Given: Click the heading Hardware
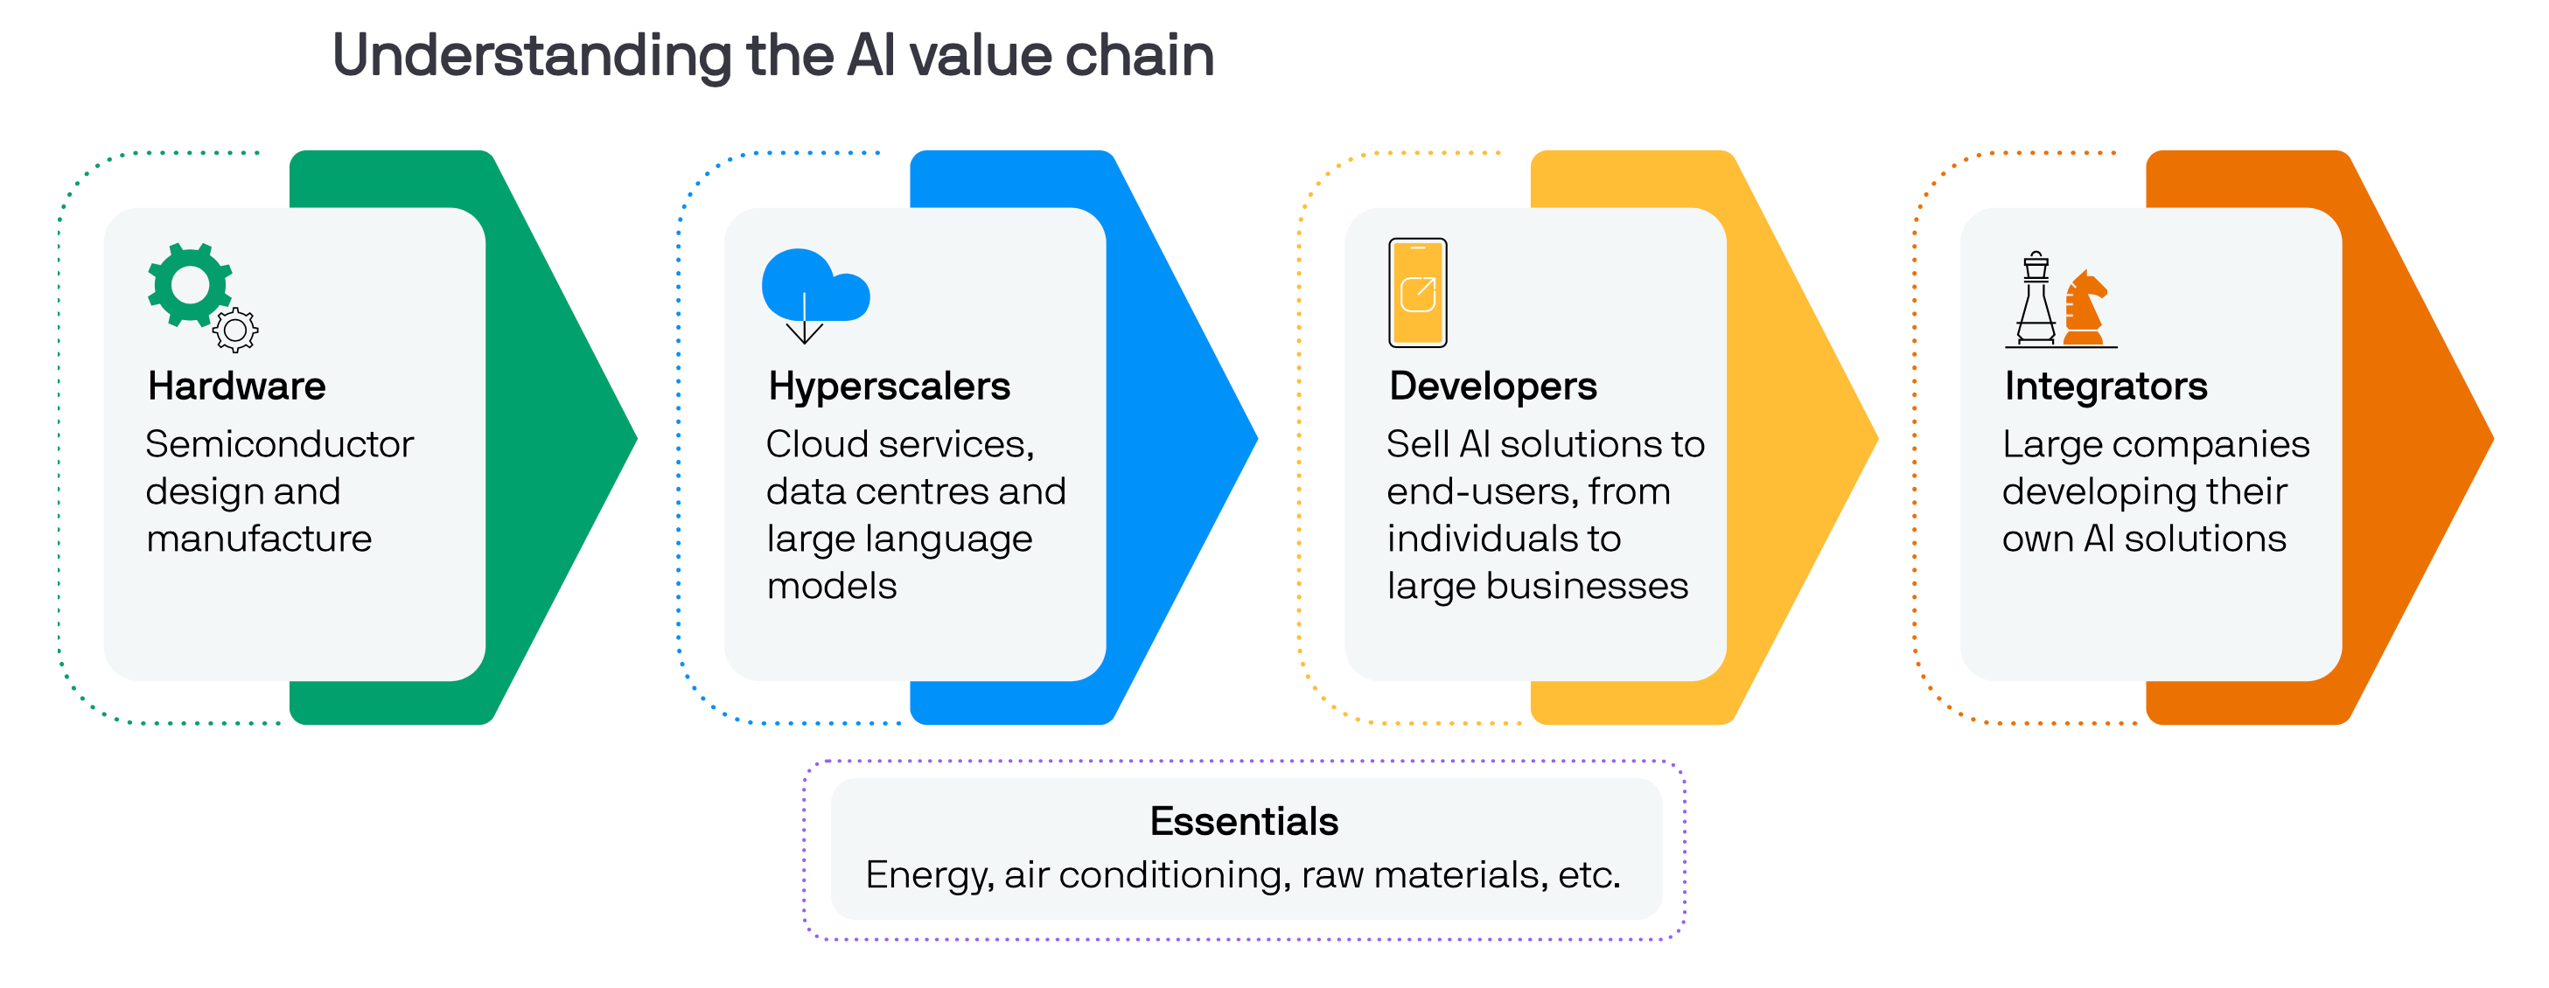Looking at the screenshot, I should click(236, 386).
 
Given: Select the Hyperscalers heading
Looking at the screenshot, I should click(889, 386).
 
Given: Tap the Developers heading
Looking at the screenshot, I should click(1492, 386).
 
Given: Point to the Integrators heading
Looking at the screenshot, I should click(2106, 386).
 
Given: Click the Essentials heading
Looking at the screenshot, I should click(1244, 821).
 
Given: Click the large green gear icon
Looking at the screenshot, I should click(189, 284).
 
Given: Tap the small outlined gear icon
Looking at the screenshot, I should click(235, 331).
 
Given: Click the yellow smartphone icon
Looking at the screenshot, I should click(1417, 293).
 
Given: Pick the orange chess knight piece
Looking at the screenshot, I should click(2084, 309).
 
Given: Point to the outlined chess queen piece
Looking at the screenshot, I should click(2036, 300).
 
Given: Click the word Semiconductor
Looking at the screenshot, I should click(279, 444).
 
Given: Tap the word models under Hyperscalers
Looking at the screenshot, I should click(831, 587).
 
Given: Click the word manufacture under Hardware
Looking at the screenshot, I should click(258, 539).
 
